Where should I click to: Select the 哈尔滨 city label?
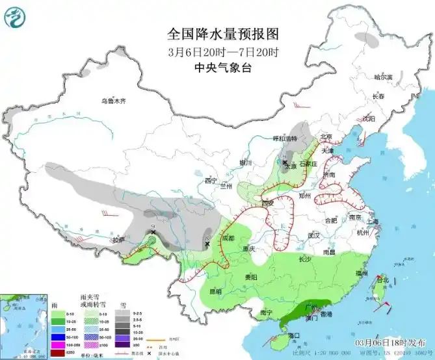pyautogui.click(x=384, y=77)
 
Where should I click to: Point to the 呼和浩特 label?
pyautogui.click(x=284, y=138)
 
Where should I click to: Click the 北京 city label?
pyautogui.click(x=326, y=136)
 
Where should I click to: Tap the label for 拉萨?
pyautogui.click(x=118, y=240)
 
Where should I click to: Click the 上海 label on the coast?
pyautogui.click(x=372, y=221)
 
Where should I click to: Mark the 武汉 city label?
pyautogui.click(x=315, y=235)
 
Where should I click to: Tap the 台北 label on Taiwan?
pyautogui.click(x=382, y=281)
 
